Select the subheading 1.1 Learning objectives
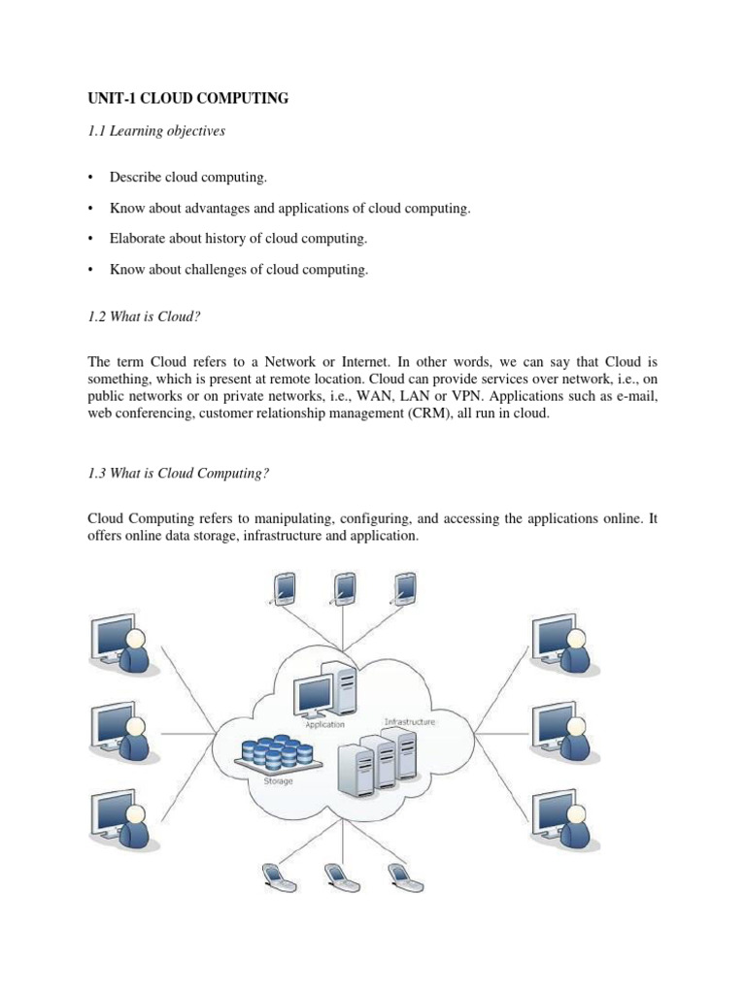pos(155,131)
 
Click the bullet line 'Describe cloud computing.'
pos(187,178)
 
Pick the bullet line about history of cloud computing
pos(238,239)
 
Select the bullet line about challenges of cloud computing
pos(239,270)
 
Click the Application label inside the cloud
pos(324,724)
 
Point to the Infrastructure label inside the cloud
pos(410,722)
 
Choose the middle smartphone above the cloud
pos(345,586)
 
